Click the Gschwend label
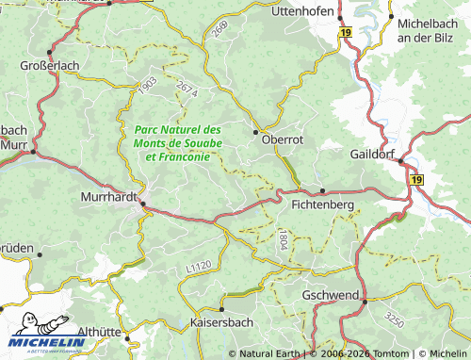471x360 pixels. (x=330, y=295)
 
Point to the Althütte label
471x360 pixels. (x=104, y=332)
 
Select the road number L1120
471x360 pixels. (x=198, y=268)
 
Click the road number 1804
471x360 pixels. (x=283, y=237)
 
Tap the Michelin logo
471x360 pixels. (x=47, y=335)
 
